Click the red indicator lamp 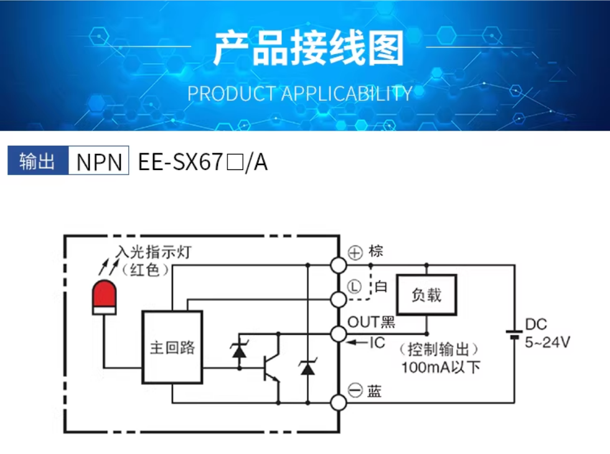(x=105, y=297)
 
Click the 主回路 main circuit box (x=172, y=348)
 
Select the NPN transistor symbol (x=271, y=367)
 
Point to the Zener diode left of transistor (x=238, y=350)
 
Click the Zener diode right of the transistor (x=307, y=367)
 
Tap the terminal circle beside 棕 (x=339, y=265)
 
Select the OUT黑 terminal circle (x=339, y=334)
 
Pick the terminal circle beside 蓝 (x=339, y=402)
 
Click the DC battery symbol (x=515, y=334)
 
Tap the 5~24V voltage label (x=548, y=343)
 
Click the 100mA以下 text (x=441, y=367)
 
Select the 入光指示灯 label (x=152, y=252)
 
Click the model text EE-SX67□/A (x=203, y=162)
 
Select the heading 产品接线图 (x=308, y=48)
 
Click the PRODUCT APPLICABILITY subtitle (x=299, y=93)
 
